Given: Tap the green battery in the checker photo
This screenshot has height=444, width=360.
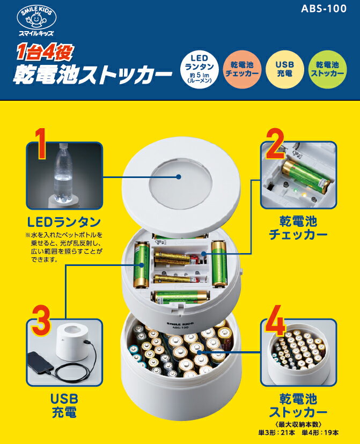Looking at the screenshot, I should pyautogui.click(x=306, y=175).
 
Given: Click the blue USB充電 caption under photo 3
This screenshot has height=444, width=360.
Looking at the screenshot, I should pyautogui.click(x=64, y=405).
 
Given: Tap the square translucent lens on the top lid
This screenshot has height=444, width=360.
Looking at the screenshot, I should pyautogui.click(x=179, y=177).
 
